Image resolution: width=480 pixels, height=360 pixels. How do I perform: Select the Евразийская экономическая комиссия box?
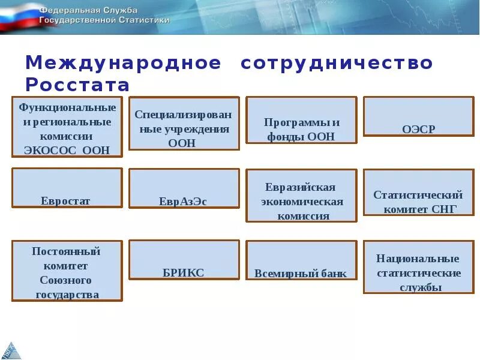point(301,195)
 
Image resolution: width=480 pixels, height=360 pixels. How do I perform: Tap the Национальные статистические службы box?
point(419,266)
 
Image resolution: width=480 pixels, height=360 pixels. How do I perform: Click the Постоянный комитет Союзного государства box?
point(67,271)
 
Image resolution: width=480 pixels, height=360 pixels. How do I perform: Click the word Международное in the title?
point(124,63)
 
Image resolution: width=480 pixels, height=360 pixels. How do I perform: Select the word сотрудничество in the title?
point(337,63)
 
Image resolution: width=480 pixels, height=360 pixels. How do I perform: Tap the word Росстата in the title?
point(77,83)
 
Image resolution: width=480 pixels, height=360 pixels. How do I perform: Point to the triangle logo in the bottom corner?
point(11,349)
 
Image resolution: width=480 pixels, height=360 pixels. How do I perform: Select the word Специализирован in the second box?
point(183,114)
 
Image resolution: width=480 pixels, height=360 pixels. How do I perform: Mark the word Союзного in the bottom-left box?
point(65,280)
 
